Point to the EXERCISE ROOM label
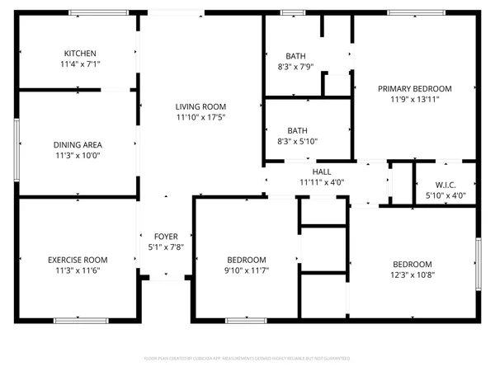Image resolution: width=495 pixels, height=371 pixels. pyautogui.click(x=78, y=260)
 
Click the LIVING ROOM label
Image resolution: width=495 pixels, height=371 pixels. pyautogui.click(x=200, y=106)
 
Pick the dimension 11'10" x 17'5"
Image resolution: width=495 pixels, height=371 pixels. pyautogui.click(x=200, y=117)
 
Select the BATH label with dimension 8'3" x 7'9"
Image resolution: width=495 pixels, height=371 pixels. pyautogui.click(x=296, y=56)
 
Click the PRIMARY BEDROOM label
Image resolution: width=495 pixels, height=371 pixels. pyautogui.click(x=415, y=88)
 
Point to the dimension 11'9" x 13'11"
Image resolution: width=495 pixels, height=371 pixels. pyautogui.click(x=415, y=99)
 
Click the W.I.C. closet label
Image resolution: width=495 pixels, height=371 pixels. pyautogui.click(x=445, y=185)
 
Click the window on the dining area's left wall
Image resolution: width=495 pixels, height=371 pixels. pyautogui.click(x=16, y=148)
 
